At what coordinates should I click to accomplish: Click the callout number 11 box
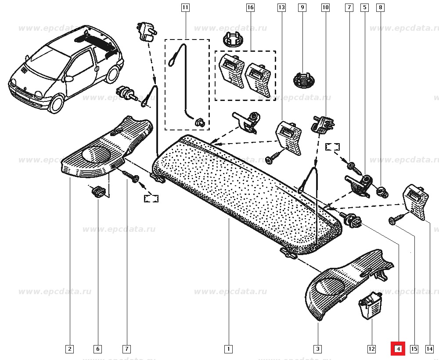coord(185,7)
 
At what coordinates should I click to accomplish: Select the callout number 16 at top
coord(250,7)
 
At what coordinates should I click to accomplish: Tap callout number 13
coord(281,7)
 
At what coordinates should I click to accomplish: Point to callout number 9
coord(302,7)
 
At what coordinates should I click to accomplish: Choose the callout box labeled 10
coord(325,7)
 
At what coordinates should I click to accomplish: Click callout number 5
coord(364,7)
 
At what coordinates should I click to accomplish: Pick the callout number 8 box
coord(380,7)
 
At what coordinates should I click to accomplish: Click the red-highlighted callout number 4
coord(398,349)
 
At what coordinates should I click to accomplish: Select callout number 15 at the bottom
coord(414,349)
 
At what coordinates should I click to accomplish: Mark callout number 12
coord(371,349)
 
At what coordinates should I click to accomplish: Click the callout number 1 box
coord(228,349)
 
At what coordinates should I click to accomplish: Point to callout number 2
coord(69,349)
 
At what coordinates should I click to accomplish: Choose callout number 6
coord(97,349)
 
